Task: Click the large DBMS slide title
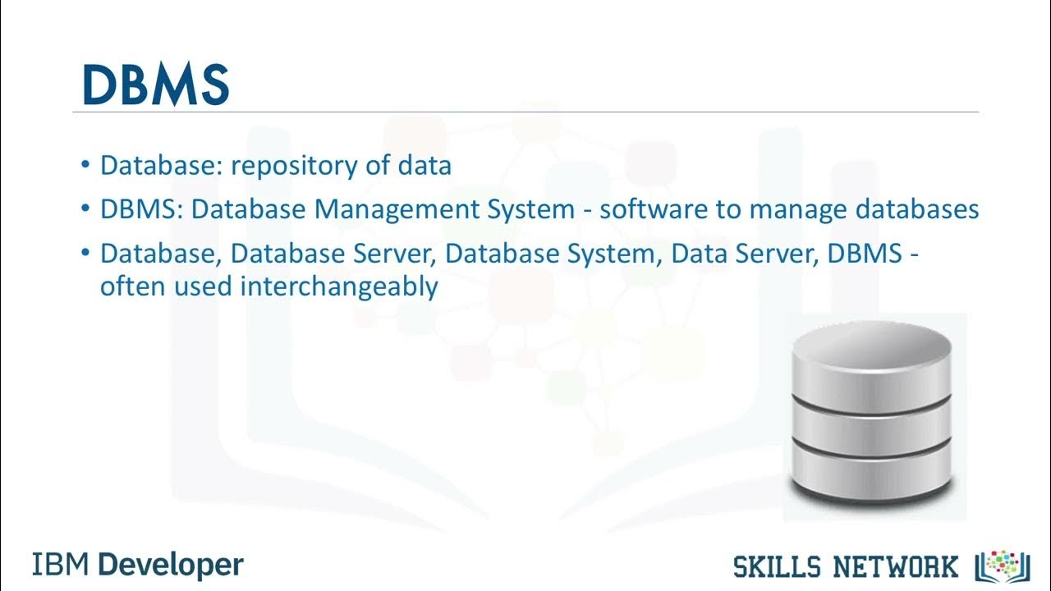click(x=155, y=84)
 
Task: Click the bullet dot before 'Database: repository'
click(x=86, y=166)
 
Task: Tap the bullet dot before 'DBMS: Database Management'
click(x=86, y=209)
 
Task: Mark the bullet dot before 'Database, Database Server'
click(x=86, y=253)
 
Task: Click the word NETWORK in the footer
click(x=897, y=566)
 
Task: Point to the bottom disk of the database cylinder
click(x=871, y=471)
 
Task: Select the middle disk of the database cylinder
click(x=871, y=420)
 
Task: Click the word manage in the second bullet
click(x=796, y=210)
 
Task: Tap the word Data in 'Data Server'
click(x=694, y=254)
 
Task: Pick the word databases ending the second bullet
click(x=917, y=210)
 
